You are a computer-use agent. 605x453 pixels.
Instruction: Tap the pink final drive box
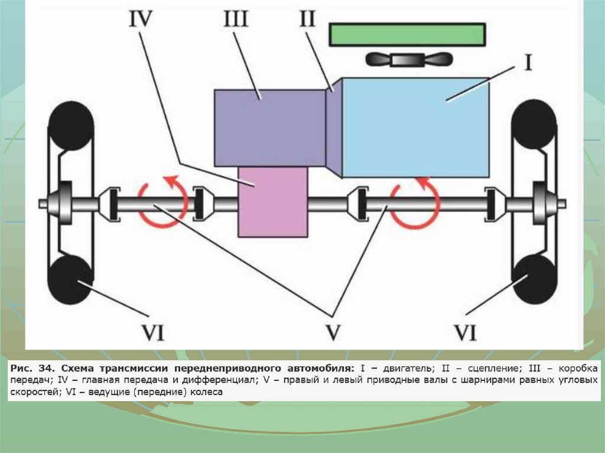tap(273, 201)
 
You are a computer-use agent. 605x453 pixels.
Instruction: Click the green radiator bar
tap(408, 34)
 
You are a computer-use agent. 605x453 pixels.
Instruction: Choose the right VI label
tap(465, 334)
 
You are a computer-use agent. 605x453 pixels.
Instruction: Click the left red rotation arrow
tap(163, 201)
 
